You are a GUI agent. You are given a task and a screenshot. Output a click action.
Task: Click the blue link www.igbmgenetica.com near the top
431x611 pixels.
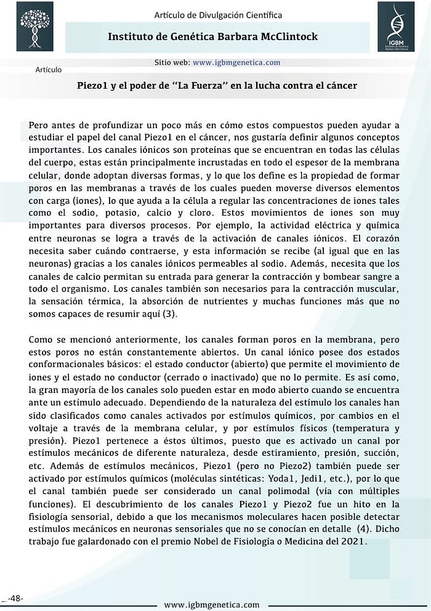[x=236, y=62]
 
